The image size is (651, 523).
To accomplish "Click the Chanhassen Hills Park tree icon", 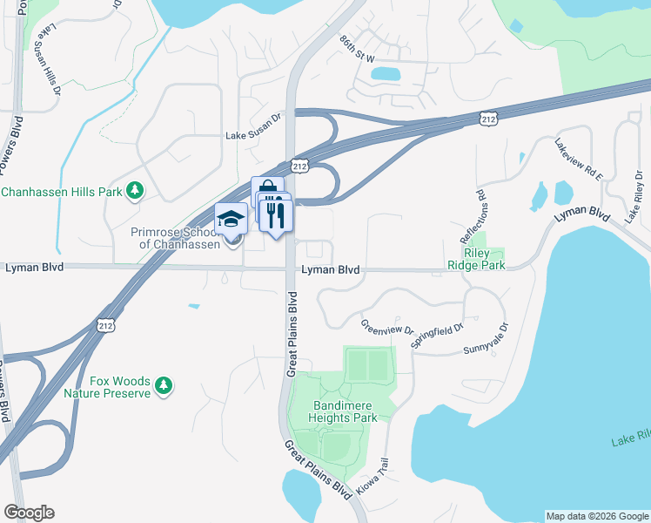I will click(x=134, y=190).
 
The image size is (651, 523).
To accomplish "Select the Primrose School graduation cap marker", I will click(x=231, y=218).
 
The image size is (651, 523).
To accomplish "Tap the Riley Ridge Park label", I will click(x=475, y=258).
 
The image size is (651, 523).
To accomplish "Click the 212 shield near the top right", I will click(x=489, y=119).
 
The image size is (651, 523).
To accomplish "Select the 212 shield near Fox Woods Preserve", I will click(x=105, y=326).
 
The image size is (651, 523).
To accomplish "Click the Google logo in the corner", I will click(x=29, y=513).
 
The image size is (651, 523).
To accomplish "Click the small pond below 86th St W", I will click(x=385, y=74).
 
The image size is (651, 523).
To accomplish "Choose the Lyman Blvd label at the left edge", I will click(x=34, y=268).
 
